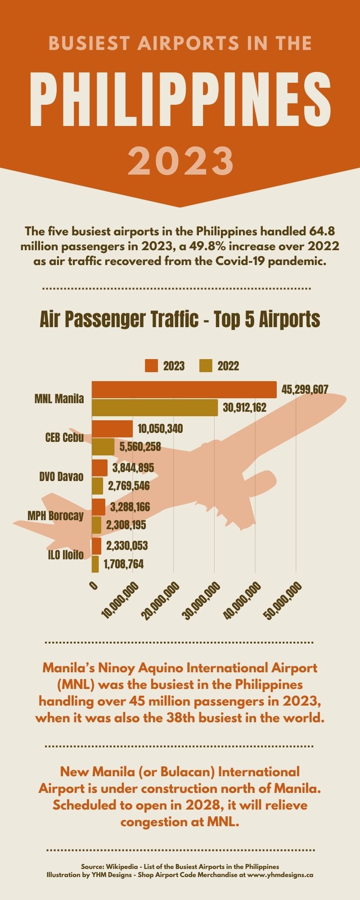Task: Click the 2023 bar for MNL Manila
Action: click(x=184, y=390)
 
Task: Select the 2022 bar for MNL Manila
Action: click(x=155, y=408)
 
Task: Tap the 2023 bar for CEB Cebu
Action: click(x=112, y=429)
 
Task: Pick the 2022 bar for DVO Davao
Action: click(x=97, y=486)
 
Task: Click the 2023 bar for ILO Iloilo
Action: click(x=96, y=546)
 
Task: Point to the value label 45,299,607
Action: click(x=305, y=390)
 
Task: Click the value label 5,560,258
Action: click(x=140, y=447)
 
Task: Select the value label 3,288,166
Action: click(x=130, y=507)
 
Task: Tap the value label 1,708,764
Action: click(x=123, y=564)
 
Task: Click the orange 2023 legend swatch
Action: click(x=151, y=366)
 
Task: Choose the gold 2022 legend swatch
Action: click(x=206, y=366)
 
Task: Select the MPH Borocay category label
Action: click(x=56, y=516)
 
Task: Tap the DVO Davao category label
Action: click(x=61, y=477)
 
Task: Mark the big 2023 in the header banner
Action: click(x=180, y=161)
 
